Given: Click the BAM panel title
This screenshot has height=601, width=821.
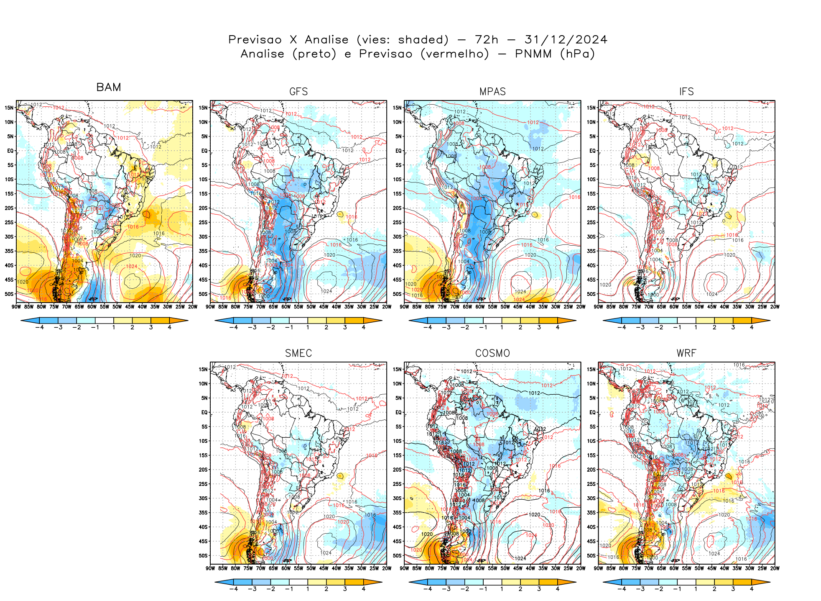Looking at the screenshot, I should [109, 87].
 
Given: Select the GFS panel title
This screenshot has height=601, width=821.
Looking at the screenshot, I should [298, 92].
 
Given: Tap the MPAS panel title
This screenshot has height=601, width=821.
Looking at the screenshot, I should [492, 92].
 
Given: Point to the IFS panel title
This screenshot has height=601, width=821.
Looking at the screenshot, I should [686, 92].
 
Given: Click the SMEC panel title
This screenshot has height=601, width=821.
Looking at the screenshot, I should [298, 353].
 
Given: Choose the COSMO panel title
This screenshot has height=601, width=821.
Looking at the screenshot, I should [492, 353].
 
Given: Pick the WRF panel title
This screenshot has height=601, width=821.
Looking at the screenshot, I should [686, 353].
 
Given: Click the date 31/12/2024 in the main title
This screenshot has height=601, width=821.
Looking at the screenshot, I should [566, 40].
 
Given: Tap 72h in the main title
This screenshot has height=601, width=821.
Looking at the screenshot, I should [487, 40].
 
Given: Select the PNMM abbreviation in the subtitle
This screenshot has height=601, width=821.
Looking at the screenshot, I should [533, 54].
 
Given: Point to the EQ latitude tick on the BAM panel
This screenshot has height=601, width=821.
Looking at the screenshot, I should [10, 151].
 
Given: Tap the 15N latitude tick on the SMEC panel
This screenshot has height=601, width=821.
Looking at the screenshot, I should [203, 369].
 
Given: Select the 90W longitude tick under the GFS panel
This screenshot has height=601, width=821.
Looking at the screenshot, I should [210, 307].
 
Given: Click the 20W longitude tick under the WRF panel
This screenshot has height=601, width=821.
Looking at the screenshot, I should [775, 568].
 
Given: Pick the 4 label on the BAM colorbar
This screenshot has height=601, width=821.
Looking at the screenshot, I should [169, 327].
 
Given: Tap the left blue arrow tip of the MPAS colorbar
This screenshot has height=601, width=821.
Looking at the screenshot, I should [410, 321].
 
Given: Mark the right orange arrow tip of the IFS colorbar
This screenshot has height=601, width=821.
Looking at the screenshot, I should [769, 321].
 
